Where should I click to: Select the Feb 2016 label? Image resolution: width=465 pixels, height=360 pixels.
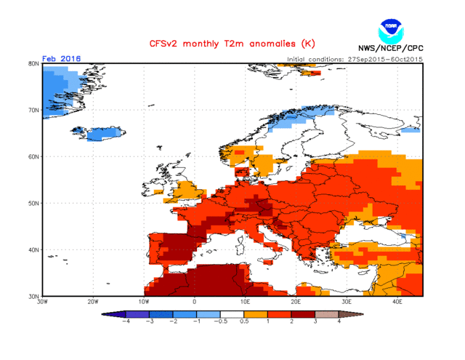[62, 59]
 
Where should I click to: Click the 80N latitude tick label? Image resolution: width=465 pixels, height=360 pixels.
[33, 63]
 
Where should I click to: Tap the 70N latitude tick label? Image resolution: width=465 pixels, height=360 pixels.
[33, 110]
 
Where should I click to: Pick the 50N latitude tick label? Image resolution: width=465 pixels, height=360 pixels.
[33, 203]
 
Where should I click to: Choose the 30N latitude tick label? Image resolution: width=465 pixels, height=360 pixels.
[33, 296]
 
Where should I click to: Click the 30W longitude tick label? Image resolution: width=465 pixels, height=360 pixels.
[42, 302]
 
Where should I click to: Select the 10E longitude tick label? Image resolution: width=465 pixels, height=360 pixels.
[246, 302]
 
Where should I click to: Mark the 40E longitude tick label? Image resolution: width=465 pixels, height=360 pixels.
[397, 302]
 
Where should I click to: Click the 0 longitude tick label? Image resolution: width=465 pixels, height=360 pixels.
[195, 302]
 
